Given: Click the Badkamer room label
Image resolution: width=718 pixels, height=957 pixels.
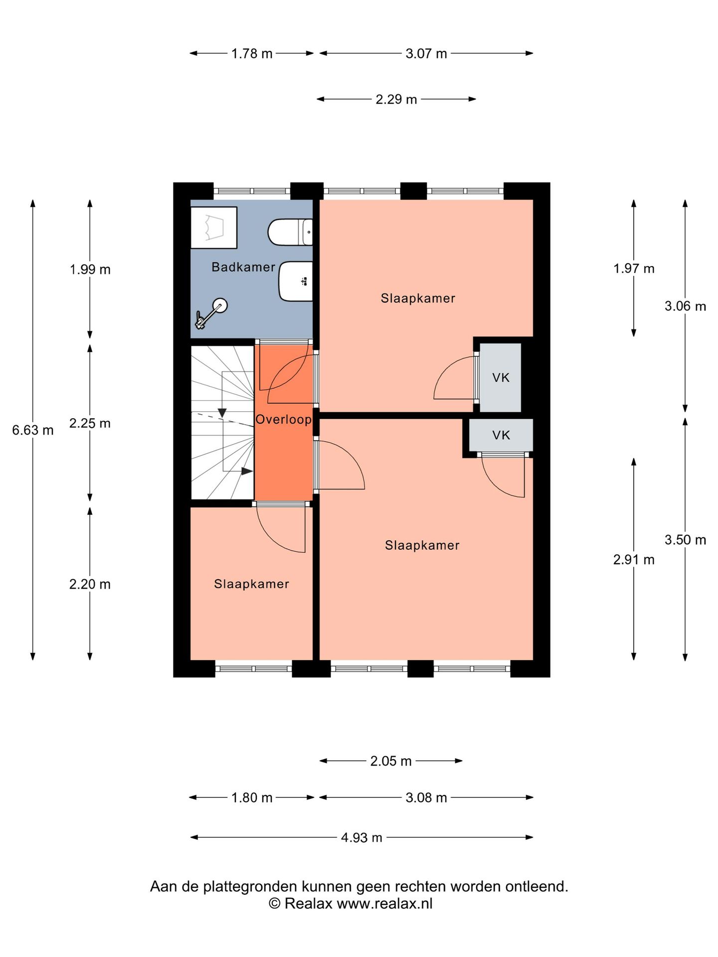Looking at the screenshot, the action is [243, 267].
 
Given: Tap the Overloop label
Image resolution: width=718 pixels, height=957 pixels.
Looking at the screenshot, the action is [284, 420].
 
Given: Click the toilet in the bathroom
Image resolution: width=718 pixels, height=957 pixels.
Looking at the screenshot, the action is [290, 232].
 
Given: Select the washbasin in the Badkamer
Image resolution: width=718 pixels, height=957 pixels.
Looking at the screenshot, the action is [296, 282].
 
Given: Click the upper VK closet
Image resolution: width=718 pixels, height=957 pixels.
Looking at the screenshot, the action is [501, 378].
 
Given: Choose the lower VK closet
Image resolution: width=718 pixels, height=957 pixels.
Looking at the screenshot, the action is [501, 435].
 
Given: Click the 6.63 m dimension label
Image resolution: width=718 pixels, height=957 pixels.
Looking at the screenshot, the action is [33, 430].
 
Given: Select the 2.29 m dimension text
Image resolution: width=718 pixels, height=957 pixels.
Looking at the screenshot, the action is [396, 99].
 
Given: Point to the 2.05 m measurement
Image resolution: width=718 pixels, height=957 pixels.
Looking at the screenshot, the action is [391, 761].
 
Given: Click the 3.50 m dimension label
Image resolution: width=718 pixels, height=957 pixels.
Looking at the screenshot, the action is [685, 540].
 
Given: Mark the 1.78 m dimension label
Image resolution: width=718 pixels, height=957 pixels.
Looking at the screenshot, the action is [252, 53].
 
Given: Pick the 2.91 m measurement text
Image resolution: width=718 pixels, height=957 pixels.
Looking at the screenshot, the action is [634, 560].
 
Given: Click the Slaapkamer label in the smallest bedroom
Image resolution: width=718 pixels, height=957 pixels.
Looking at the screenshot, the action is [252, 584].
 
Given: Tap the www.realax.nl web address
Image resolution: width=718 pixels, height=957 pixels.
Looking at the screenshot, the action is [384, 903].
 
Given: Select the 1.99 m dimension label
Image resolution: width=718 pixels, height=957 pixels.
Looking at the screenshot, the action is [90, 270].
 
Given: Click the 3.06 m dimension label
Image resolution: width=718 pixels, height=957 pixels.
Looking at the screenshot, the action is [685, 306].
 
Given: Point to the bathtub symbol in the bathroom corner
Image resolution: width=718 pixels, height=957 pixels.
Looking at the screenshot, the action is [214, 227].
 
